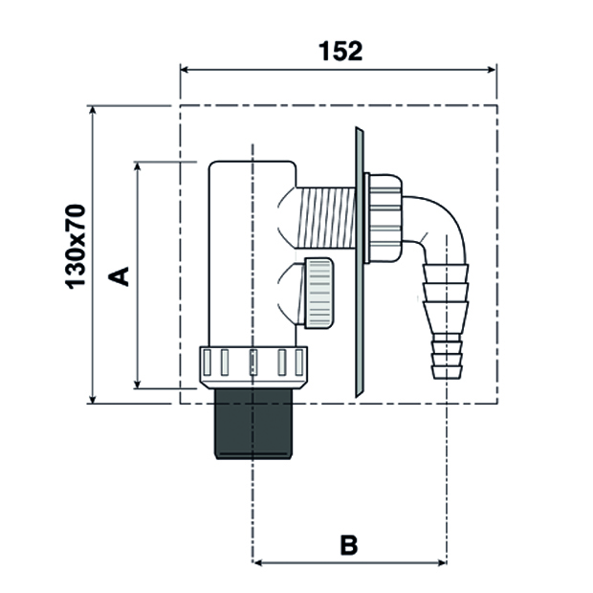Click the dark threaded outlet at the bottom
(253, 425)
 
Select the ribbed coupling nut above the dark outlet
(254, 365)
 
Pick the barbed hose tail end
(446, 325)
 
